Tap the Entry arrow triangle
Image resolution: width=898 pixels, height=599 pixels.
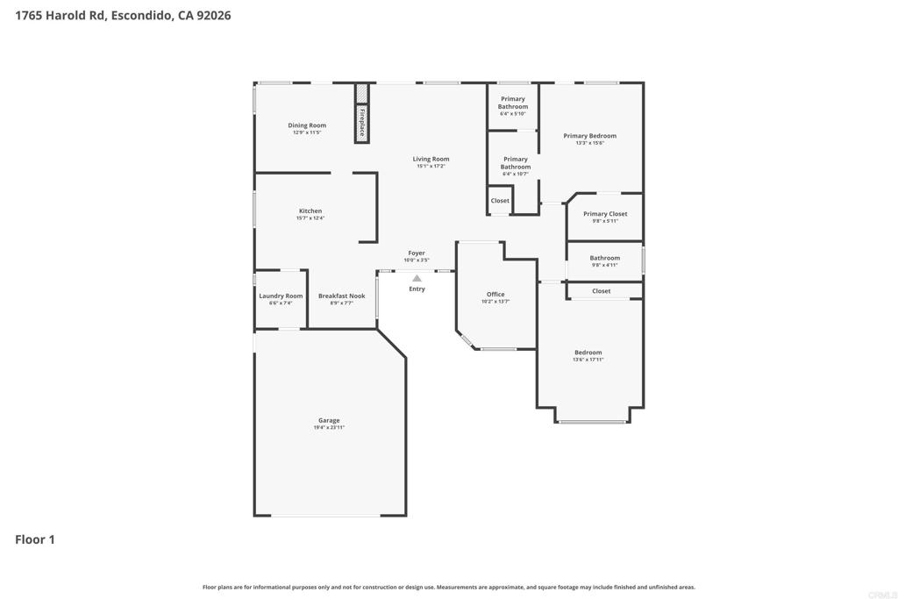click(x=417, y=279)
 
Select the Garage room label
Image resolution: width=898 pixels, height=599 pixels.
click(x=329, y=420)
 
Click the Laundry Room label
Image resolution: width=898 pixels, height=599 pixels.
click(x=281, y=296)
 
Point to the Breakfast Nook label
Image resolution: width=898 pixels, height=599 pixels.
click(x=341, y=296)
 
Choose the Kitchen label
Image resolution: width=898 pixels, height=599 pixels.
click(x=310, y=210)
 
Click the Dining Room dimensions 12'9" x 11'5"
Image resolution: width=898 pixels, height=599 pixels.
click(x=306, y=132)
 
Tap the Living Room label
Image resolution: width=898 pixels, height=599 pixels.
click(x=431, y=159)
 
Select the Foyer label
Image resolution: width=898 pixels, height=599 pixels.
click(x=416, y=253)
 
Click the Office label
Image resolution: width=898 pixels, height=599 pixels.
click(x=495, y=294)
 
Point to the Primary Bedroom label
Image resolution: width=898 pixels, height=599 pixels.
click(x=589, y=136)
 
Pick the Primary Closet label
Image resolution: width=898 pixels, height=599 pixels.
click(x=605, y=214)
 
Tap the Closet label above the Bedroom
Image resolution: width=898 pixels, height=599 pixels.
click(x=602, y=291)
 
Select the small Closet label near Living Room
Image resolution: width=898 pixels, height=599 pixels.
click(x=500, y=201)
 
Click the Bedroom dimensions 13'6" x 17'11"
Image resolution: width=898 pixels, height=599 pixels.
click(x=588, y=360)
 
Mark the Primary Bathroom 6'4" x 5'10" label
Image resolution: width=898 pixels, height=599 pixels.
click(x=513, y=114)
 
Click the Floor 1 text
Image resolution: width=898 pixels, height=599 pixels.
click(x=35, y=539)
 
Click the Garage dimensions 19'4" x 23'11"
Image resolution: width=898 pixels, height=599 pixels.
click(x=329, y=427)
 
